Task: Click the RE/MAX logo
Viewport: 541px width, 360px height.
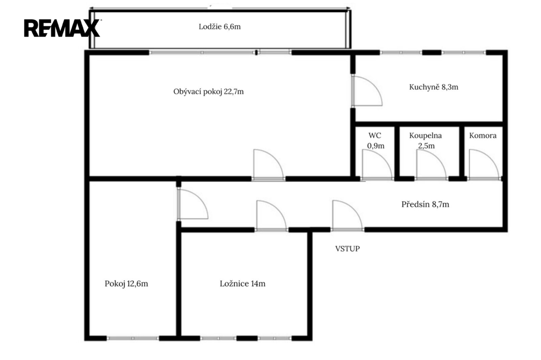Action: tap(62, 29)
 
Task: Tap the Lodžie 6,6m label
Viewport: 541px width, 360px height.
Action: tap(219, 27)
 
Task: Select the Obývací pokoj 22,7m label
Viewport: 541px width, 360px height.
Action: tap(208, 92)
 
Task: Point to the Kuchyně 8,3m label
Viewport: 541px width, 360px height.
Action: tap(434, 87)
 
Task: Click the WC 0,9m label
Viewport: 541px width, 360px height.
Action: tap(376, 141)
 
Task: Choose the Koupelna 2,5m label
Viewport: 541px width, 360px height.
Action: tap(426, 141)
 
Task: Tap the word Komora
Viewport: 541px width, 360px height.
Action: tap(483, 136)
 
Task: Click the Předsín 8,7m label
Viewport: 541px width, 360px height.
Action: tap(425, 204)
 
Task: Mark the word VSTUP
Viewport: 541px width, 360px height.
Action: tap(348, 249)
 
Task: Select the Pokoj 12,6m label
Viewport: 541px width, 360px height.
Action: tap(126, 284)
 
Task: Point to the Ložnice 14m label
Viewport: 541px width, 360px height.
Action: tap(242, 284)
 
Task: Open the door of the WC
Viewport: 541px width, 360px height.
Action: tap(377, 165)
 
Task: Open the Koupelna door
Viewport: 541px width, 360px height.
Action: tap(431, 165)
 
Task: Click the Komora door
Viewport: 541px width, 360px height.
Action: tap(484, 165)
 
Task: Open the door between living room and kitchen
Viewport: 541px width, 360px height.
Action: tap(367, 91)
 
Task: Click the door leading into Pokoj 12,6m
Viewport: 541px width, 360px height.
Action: tap(192, 204)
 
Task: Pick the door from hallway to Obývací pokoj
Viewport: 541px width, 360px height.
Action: tap(269, 165)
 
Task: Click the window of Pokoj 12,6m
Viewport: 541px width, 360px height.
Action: tap(133, 338)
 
